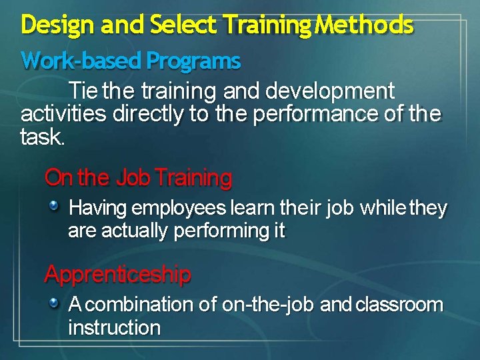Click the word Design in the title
(x=50, y=25)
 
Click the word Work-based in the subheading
(x=81, y=61)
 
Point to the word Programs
(x=193, y=61)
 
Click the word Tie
(x=84, y=91)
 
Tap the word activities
(x=64, y=114)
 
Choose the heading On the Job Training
(x=138, y=178)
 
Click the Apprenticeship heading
(x=117, y=274)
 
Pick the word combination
(x=139, y=305)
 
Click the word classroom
(x=399, y=305)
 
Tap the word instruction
(x=114, y=328)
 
